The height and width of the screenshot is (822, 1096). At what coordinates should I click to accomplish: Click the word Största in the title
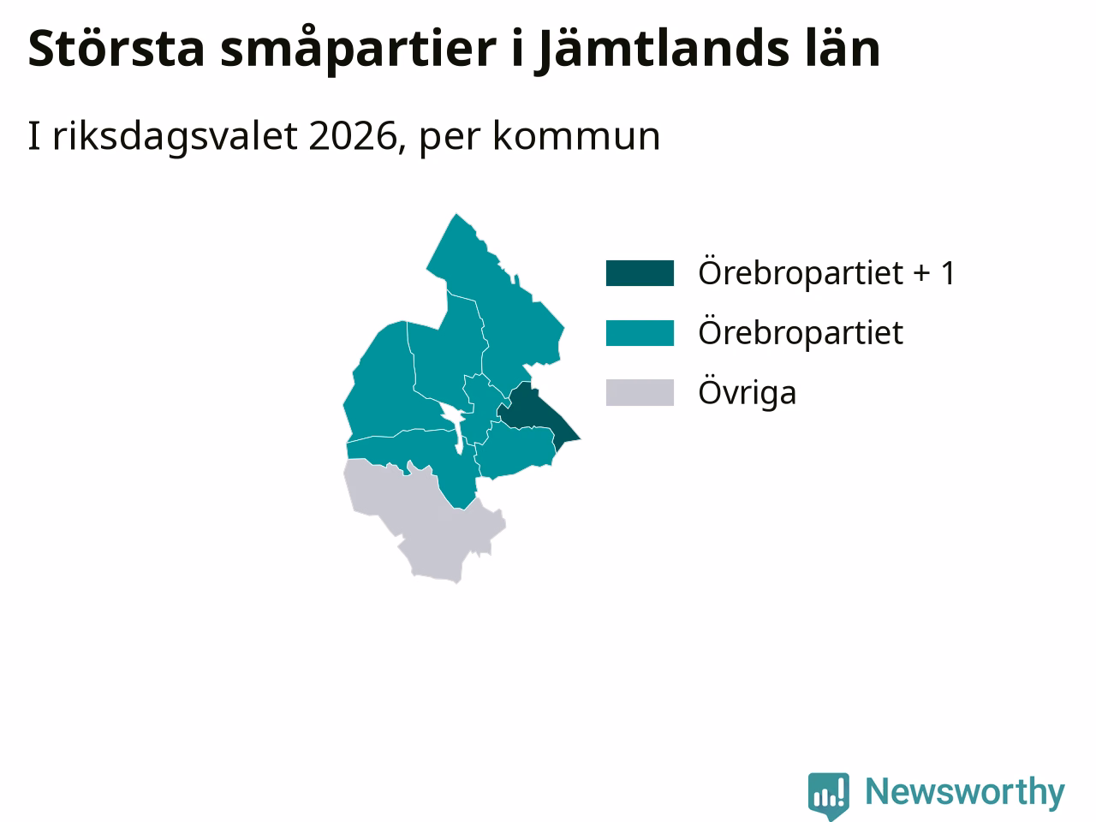(x=116, y=49)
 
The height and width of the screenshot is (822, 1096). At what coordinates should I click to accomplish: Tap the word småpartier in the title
(x=358, y=50)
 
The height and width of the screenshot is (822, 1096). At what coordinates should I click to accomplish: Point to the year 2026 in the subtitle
(x=353, y=136)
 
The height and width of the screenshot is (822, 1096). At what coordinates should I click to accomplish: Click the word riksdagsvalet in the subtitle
(x=175, y=137)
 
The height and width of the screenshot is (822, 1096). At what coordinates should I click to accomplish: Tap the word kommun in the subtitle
(x=576, y=136)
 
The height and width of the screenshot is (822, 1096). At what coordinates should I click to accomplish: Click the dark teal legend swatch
(x=640, y=273)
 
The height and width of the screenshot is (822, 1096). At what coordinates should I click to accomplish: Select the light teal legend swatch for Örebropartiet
(x=640, y=333)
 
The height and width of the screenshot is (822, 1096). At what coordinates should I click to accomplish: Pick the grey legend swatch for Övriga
(x=640, y=393)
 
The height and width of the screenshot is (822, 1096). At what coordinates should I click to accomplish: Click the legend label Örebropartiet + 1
(x=827, y=273)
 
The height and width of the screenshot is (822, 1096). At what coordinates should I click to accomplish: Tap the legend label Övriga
(x=747, y=393)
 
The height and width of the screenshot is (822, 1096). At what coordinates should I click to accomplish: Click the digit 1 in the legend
(x=948, y=274)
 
